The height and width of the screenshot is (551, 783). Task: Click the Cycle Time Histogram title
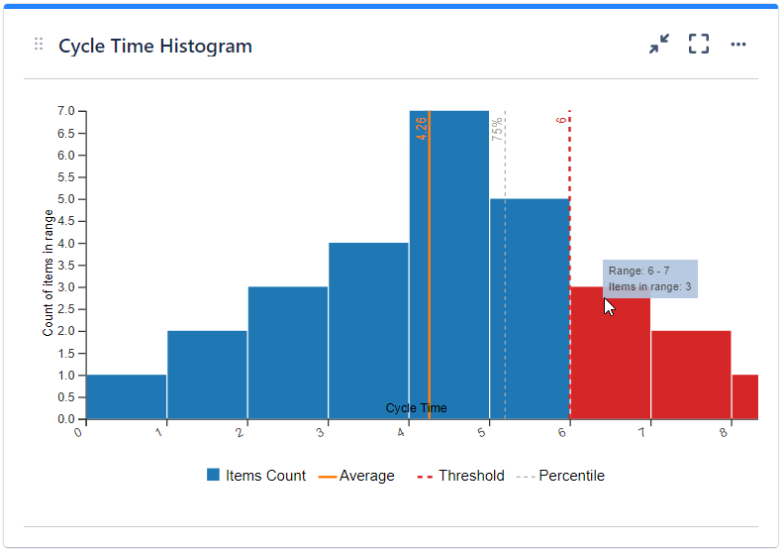pyautogui.click(x=154, y=46)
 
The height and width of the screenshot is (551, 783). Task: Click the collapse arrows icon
pyautogui.click(x=659, y=45)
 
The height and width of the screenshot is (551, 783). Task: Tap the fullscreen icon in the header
pyautogui.click(x=699, y=45)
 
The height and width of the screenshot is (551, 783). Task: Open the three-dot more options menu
pyautogui.click(x=738, y=45)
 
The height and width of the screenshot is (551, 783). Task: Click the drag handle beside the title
pyautogui.click(x=39, y=45)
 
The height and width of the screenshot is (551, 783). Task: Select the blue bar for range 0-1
pyautogui.click(x=126, y=396)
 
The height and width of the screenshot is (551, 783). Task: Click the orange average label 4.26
pyautogui.click(x=422, y=128)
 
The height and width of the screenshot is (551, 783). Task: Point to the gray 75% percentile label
pyautogui.click(x=498, y=129)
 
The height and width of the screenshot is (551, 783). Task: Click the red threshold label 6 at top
pyautogui.click(x=561, y=120)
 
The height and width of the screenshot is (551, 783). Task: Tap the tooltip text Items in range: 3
pyautogui.click(x=649, y=287)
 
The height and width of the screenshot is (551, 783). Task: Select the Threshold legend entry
pyautogui.click(x=460, y=476)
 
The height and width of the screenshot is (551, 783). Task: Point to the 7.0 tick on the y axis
pyautogui.click(x=65, y=111)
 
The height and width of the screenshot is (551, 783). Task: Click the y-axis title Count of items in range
pyautogui.click(x=48, y=273)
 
